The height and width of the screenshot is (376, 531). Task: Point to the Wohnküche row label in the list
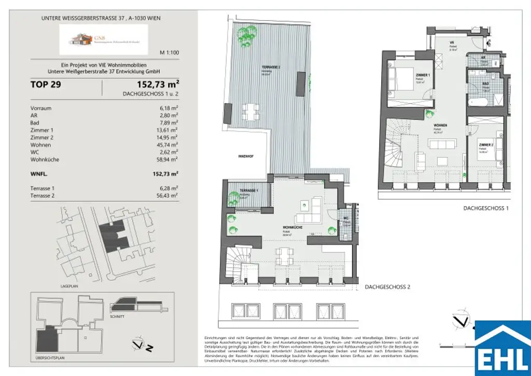[x=45, y=159]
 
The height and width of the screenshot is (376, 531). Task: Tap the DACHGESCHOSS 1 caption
[x=485, y=207]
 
